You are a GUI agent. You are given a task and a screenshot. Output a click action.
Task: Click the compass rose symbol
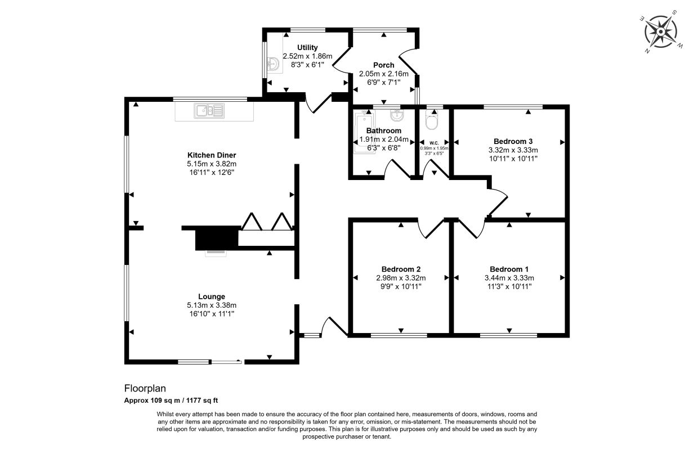[661, 32]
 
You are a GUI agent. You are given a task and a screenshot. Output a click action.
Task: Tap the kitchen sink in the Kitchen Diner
[209, 111]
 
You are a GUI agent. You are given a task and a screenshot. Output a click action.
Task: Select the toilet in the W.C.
[432, 120]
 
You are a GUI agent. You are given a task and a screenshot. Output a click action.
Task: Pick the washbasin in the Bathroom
[397, 115]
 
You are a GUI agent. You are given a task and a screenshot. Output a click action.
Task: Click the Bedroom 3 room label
[513, 142]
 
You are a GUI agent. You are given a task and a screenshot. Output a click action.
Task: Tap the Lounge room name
[212, 296]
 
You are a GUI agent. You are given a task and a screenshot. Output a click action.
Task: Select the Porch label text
[383, 65]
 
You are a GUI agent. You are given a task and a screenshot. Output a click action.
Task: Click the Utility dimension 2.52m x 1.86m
[307, 56]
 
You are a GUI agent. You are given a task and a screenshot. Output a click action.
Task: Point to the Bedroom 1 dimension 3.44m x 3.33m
[509, 278]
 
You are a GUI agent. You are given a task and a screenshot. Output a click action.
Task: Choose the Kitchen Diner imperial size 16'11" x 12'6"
[212, 173]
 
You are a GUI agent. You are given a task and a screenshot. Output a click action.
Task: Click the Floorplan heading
[145, 388]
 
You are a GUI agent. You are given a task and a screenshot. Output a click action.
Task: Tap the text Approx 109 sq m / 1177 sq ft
[171, 400]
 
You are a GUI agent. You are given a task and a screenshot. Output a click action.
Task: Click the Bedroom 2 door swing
[431, 228]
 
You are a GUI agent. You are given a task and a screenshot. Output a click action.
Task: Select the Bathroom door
[398, 169]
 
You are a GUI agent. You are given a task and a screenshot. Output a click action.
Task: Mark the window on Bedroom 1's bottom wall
[509, 335]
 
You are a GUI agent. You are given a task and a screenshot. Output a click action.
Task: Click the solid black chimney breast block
[217, 238]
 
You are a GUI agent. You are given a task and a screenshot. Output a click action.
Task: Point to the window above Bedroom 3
[513, 107]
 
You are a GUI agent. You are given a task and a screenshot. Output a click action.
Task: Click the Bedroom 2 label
[401, 269]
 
